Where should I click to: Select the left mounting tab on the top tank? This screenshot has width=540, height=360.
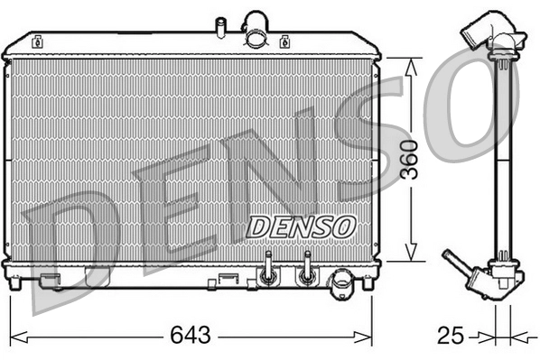click(40, 41)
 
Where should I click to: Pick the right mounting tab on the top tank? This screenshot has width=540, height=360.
click(285, 41)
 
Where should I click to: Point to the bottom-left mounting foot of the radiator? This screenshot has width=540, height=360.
click(15, 283)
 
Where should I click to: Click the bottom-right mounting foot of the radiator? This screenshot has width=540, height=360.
click(368, 283)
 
